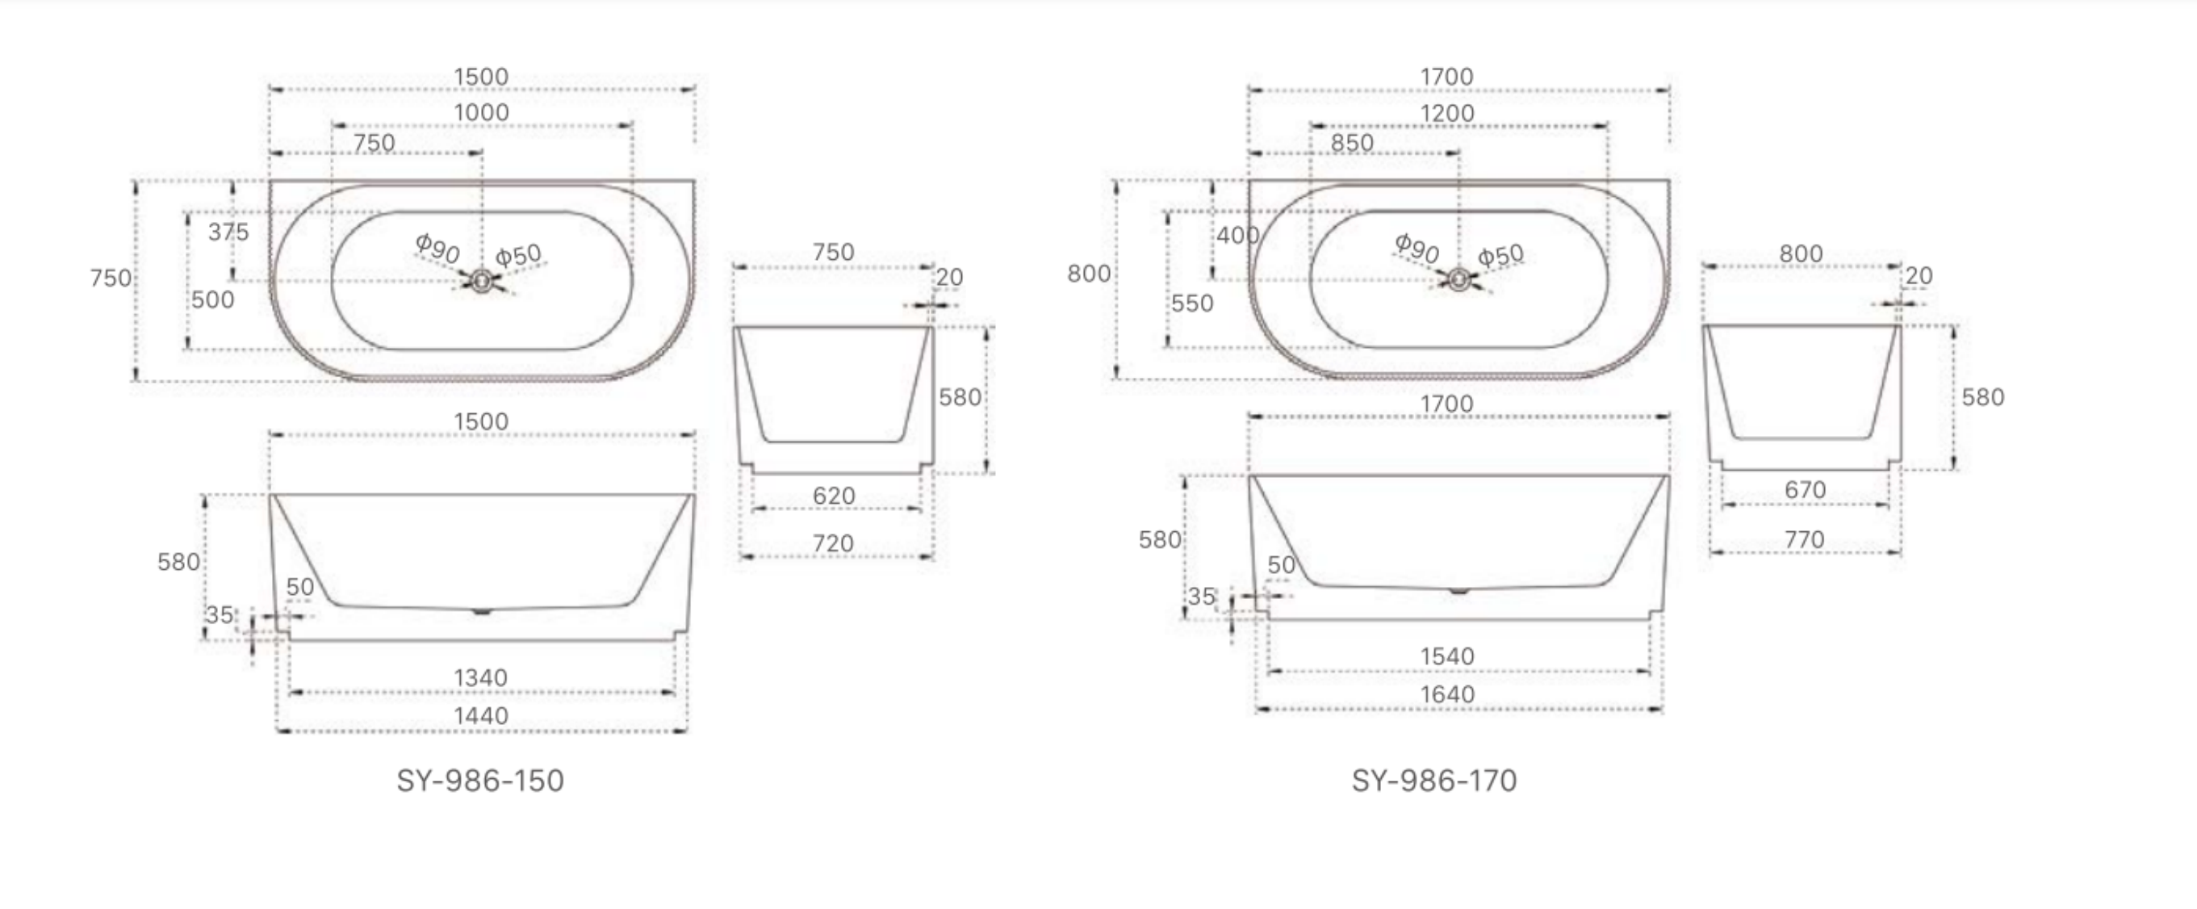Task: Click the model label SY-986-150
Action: coord(480,781)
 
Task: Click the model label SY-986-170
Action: coord(1433,781)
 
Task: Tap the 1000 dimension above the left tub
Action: coord(481,112)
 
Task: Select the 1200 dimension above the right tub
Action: coord(1446,113)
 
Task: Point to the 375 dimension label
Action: coord(228,232)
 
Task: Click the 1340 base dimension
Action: coord(480,678)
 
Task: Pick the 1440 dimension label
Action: coord(480,716)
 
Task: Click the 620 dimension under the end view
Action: coord(833,496)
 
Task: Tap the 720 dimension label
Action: coord(833,543)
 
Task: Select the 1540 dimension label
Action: coord(1446,656)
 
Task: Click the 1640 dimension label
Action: coord(1446,694)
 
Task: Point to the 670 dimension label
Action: coord(1805,489)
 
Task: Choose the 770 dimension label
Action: coord(1804,539)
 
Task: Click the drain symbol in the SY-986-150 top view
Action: coord(482,281)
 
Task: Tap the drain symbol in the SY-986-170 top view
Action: coord(1458,279)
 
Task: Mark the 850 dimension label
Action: coord(1352,143)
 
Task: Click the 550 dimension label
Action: coord(1191,304)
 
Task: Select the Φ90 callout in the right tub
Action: coord(1417,248)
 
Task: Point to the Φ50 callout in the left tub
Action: coord(518,254)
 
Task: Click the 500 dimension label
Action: coord(212,300)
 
